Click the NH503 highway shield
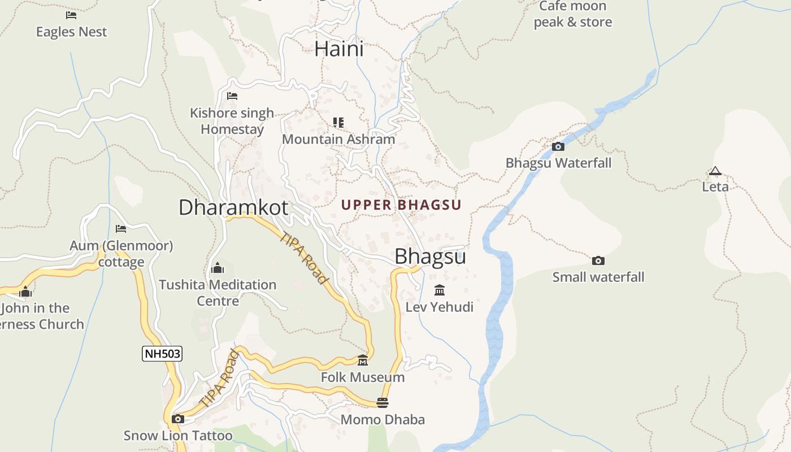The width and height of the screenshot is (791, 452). (162, 354)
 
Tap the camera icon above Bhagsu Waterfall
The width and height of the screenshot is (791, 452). (558, 147)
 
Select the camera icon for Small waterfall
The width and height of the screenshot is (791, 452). (598, 260)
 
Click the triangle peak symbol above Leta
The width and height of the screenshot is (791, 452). (715, 171)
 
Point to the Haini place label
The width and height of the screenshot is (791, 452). (339, 49)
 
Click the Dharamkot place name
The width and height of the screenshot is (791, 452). (233, 207)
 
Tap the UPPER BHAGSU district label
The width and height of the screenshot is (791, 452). (401, 205)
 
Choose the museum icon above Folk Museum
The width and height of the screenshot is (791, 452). (363, 360)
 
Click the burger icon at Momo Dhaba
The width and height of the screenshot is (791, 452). (383, 403)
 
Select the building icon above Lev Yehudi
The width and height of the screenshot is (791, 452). (439, 290)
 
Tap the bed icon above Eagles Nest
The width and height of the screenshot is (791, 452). (71, 15)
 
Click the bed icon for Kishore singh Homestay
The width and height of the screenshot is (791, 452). (232, 96)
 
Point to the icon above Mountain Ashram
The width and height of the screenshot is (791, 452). (338, 123)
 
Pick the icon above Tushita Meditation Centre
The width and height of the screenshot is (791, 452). (218, 268)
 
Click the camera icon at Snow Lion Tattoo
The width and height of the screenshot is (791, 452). (178, 419)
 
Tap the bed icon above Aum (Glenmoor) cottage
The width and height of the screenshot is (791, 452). (121, 229)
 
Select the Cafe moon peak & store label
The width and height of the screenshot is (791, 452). (572, 14)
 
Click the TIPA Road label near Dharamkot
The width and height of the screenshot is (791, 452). (304, 258)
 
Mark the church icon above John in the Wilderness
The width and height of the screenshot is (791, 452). (25, 292)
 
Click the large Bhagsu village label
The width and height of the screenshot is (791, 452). (430, 257)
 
